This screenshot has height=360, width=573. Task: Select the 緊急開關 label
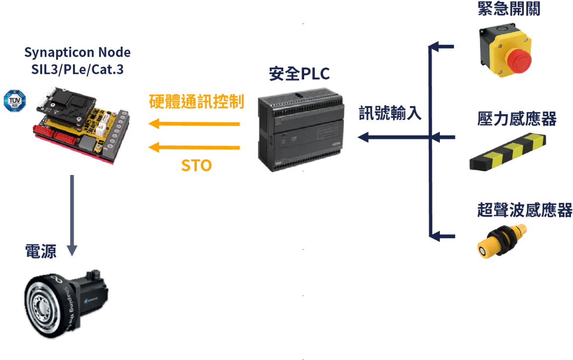tap(509, 8)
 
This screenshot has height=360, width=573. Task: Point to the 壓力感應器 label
tap(517, 119)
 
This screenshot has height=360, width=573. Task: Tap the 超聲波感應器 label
tap(525, 210)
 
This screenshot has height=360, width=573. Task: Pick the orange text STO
tap(196, 166)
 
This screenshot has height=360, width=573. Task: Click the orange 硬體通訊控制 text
tap(197, 102)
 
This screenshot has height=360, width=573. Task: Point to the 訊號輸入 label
tap(390, 114)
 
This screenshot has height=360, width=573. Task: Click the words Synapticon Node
tap(78, 52)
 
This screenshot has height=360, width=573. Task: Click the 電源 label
tap(41, 252)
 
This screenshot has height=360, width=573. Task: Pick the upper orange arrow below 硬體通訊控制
tap(194, 124)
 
